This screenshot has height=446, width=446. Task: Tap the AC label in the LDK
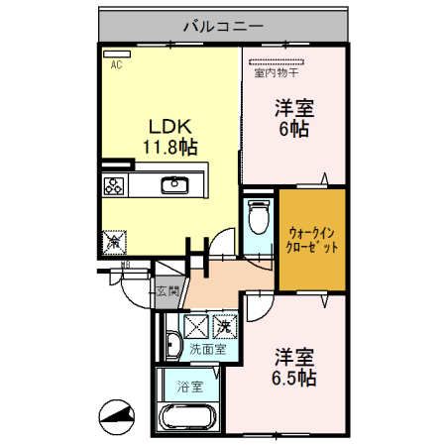pos(116,65)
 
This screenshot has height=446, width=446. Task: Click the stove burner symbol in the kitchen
pos(112,184)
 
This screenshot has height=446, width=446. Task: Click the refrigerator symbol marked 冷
pos(113,240)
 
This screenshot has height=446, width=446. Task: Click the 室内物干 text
pos(278,72)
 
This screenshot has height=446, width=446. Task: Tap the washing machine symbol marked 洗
pos(226,324)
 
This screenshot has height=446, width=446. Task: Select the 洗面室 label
pos(207,349)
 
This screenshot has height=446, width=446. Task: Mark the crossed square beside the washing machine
pos(195,324)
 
